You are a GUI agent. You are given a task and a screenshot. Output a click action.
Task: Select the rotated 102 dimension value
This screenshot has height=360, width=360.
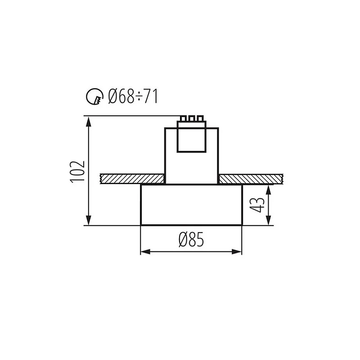click(x=78, y=171)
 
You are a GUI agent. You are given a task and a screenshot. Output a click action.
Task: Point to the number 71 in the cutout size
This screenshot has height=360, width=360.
click(x=150, y=96)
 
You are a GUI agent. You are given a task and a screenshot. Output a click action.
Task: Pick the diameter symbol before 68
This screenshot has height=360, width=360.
click(x=114, y=96)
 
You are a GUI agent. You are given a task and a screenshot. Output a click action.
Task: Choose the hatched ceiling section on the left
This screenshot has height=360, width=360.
click(x=130, y=179)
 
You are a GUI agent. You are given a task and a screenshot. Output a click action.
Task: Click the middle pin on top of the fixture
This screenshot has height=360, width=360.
click(x=191, y=119)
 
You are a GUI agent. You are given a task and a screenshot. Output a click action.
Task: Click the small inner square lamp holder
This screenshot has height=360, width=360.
click(x=191, y=137)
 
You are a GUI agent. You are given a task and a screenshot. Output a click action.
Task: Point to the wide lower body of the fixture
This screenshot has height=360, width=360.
click(x=191, y=205)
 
